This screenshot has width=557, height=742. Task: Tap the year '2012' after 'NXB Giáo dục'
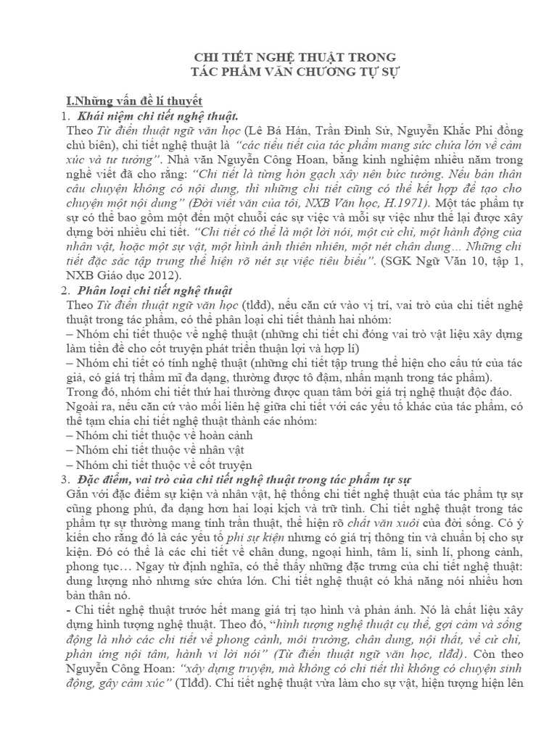coord(160,275)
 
